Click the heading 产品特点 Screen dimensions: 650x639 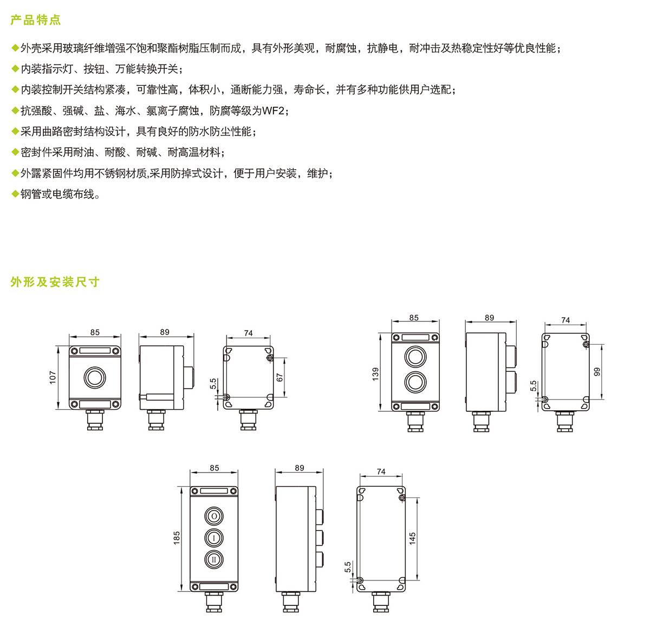[35, 20]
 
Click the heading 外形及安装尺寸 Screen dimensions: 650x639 [55, 282]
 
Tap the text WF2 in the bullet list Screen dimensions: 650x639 [273, 111]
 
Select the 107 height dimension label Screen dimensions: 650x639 [53, 377]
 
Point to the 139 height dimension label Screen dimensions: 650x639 [375, 374]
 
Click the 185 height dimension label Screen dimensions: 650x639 [177, 538]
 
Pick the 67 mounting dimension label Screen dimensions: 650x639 [279, 377]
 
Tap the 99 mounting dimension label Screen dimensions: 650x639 [597, 372]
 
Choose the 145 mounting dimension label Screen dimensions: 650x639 [412, 538]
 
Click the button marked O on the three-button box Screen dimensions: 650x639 [214, 516]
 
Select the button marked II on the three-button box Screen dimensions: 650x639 [214, 559]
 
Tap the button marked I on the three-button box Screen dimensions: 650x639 [214, 538]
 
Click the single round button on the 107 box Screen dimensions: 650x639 [95, 377]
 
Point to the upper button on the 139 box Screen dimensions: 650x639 [415, 356]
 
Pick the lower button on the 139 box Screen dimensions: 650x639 [415, 382]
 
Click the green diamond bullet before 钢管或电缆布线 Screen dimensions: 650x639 [15, 193]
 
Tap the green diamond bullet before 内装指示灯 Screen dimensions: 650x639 [15, 68]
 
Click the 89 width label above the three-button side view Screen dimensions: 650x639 [299, 468]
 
